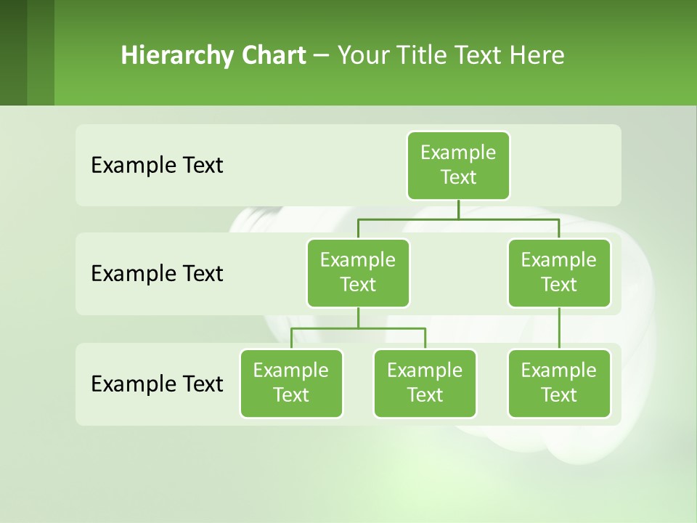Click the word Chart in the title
click(x=273, y=55)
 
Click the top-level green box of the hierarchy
click(x=458, y=165)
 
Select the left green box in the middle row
click(x=358, y=272)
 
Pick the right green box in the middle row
click(x=559, y=272)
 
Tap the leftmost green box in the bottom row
click(x=291, y=383)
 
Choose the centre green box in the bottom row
click(x=425, y=383)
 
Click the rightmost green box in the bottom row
click(x=559, y=383)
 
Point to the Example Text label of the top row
click(x=157, y=166)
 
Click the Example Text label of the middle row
click(x=157, y=274)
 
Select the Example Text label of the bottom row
click(x=157, y=384)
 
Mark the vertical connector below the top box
click(x=458, y=209)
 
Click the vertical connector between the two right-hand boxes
click(x=559, y=328)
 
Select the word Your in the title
click(x=362, y=55)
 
